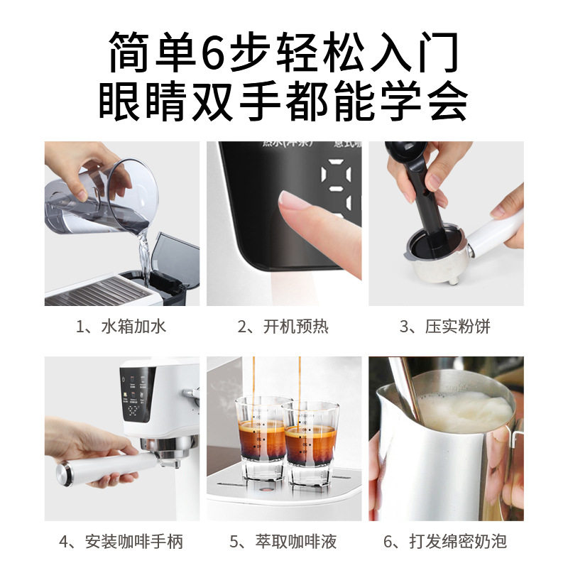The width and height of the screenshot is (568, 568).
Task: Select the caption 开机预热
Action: pos(283,327)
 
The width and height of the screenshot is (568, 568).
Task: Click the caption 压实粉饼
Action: pos(445,327)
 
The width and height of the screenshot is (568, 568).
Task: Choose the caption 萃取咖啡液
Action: pos(283,542)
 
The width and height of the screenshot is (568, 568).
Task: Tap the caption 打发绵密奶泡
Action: pos(445,542)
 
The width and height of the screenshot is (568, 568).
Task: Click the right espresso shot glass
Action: pos(310,444)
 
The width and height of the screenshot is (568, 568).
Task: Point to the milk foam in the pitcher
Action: pos(465,412)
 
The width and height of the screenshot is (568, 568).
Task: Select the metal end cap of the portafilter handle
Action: pos(64,472)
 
